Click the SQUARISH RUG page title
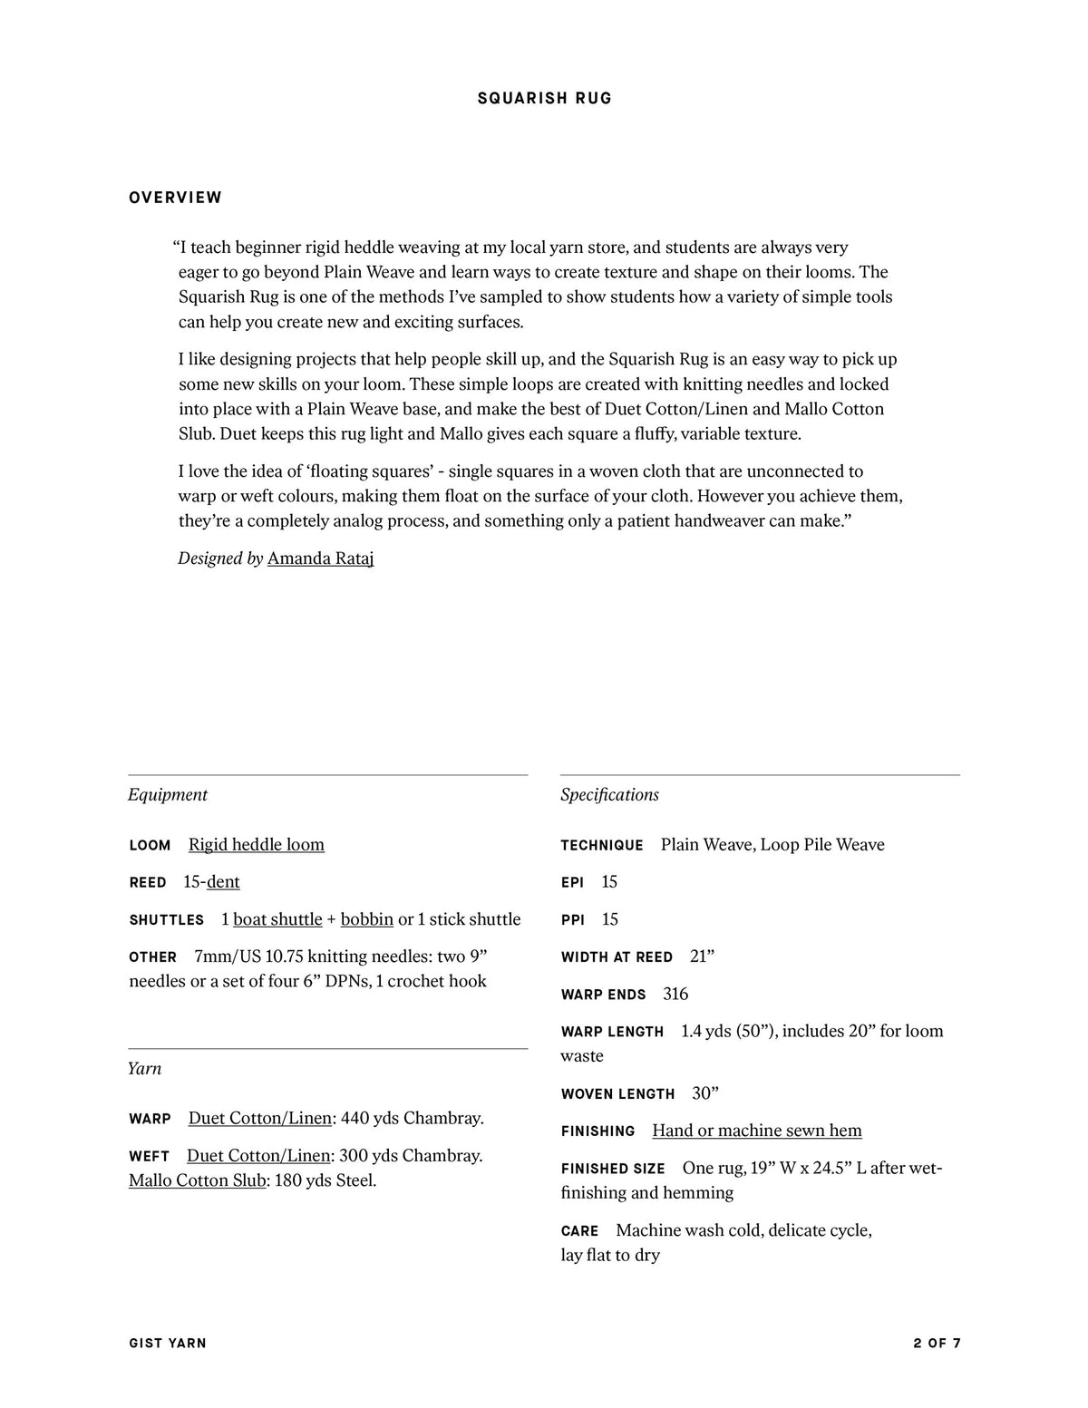(545, 98)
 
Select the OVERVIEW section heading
(176, 198)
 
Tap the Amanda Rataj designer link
(320, 558)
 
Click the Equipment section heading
(168, 794)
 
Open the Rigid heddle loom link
(257, 844)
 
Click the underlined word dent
(223, 881)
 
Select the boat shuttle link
(277, 918)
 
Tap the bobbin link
(367, 918)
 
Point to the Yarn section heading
(145, 1068)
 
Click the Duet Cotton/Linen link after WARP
(260, 1118)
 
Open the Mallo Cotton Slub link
(198, 1180)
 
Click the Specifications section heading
(609, 794)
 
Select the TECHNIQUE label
(602, 845)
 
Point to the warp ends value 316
(675, 994)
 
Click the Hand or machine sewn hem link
(757, 1130)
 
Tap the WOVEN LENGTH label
(617, 1094)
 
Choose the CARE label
(580, 1231)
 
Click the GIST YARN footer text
(168, 1343)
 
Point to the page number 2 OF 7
(937, 1343)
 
